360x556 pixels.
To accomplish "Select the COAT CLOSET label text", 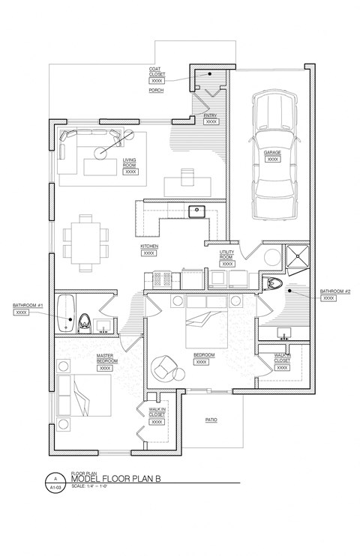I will click(157, 72).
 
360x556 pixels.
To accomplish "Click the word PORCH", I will click(156, 90).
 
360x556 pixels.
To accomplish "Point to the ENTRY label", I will click(211, 115).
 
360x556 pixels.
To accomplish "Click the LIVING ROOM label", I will click(130, 163).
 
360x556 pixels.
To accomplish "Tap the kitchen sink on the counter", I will click(197, 211).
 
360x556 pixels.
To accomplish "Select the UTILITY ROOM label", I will click(227, 256).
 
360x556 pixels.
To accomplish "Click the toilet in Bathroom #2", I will click(275, 284).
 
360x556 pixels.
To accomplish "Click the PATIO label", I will click(211, 420).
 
